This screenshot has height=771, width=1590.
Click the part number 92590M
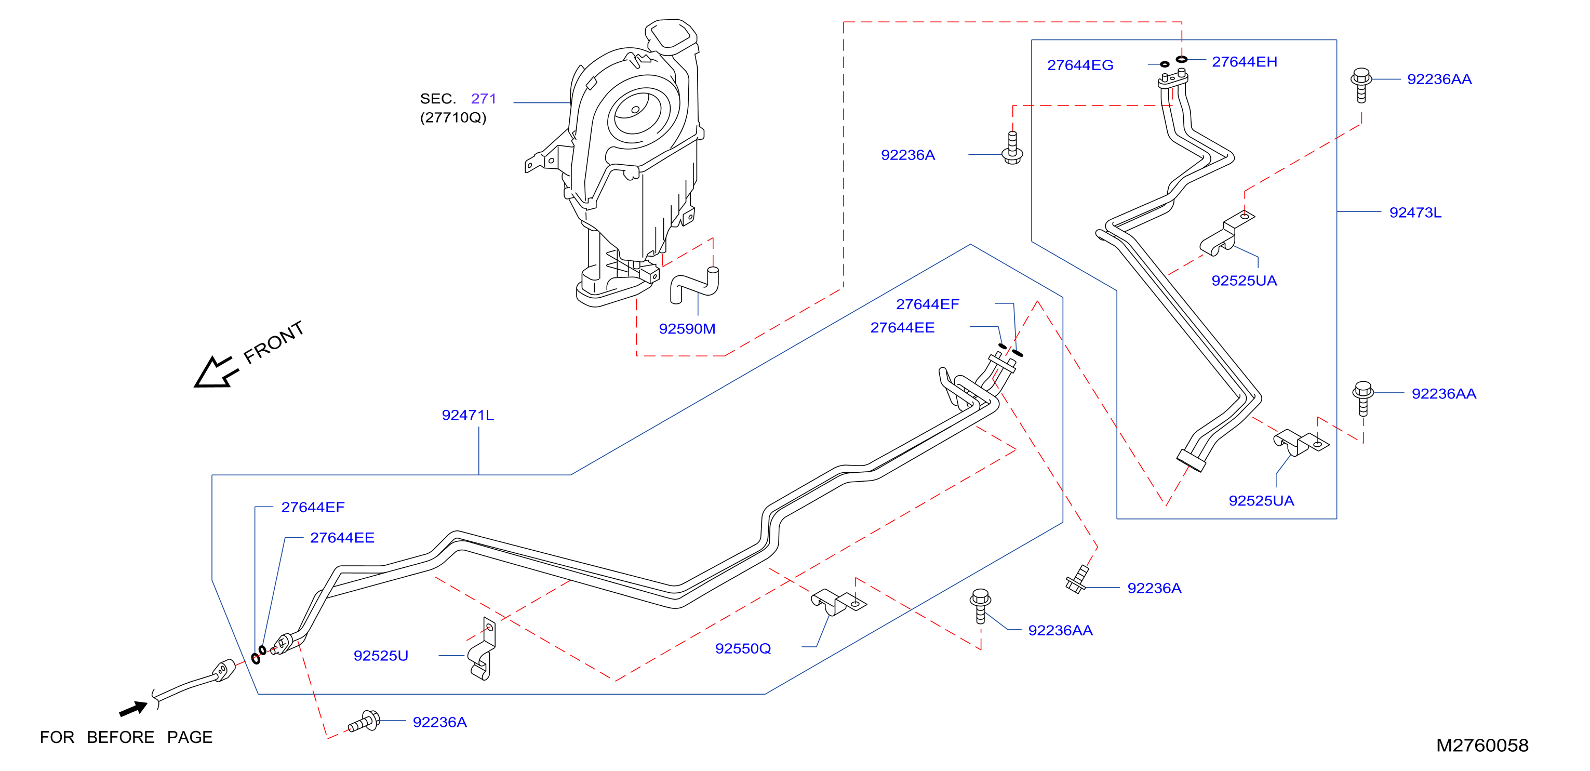point(687,328)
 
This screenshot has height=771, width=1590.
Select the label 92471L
point(468,415)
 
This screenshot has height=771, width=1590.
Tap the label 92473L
point(1415,212)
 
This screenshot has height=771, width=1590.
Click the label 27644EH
point(1245,62)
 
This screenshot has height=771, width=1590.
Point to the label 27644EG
point(1080,65)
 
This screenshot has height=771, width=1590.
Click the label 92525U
point(381,656)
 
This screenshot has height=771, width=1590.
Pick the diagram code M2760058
point(1482,745)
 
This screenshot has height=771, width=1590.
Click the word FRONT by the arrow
point(273,342)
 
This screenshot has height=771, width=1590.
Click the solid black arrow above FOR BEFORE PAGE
point(133,709)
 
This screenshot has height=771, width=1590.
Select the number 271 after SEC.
point(483,98)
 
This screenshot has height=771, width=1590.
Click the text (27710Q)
point(453,117)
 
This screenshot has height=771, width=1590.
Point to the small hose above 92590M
point(694,285)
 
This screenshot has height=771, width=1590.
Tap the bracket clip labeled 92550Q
point(838,602)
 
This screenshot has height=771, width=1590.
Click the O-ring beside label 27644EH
point(1181,59)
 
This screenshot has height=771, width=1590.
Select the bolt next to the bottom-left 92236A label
point(365,721)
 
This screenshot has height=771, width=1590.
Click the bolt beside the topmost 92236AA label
point(1361,85)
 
